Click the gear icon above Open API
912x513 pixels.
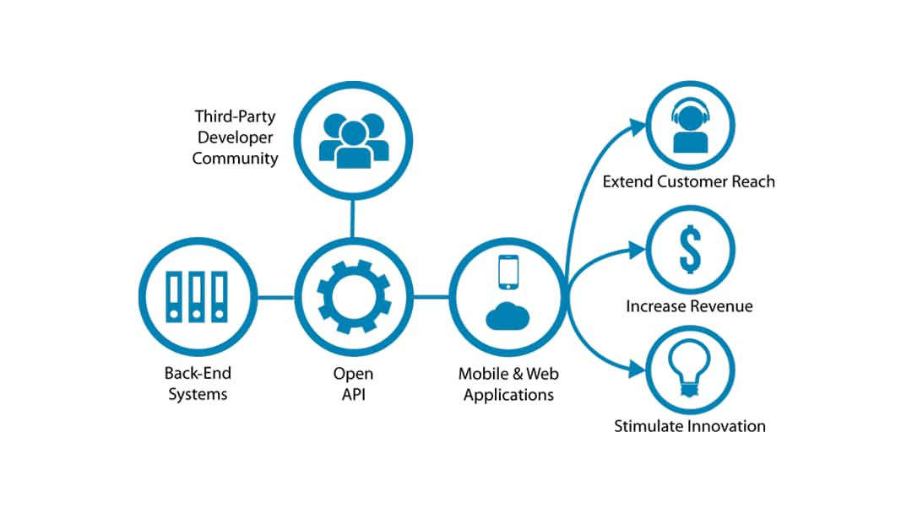click(352, 297)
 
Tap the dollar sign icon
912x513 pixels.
click(690, 248)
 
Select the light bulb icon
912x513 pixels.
click(690, 369)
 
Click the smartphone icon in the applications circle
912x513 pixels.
click(508, 272)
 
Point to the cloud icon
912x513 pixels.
click(508, 315)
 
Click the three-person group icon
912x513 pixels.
click(353, 139)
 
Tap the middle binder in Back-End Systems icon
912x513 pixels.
click(196, 297)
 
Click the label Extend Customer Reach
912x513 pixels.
click(688, 181)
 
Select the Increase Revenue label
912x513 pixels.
click(689, 305)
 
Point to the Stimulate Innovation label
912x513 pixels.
click(689, 426)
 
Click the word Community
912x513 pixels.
click(235, 158)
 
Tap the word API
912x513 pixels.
click(353, 394)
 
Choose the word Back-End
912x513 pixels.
click(198, 373)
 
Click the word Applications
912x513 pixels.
click(507, 394)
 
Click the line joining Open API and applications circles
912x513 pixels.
click(430, 297)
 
